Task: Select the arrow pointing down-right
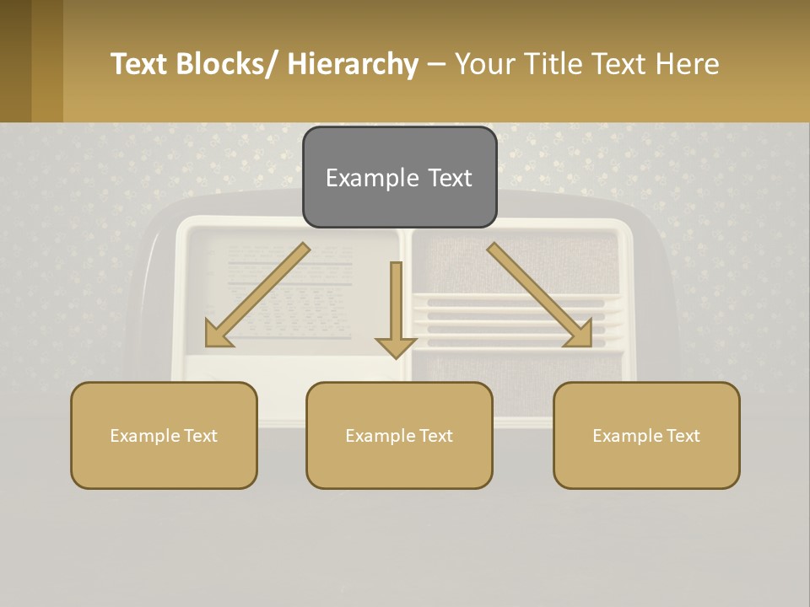click(541, 296)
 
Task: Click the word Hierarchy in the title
click(353, 64)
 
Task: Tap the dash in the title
click(436, 65)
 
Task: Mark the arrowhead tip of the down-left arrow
click(208, 345)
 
